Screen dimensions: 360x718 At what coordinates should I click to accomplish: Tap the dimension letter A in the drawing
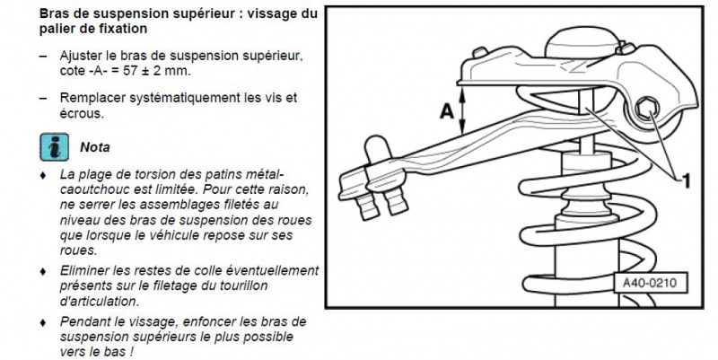444,112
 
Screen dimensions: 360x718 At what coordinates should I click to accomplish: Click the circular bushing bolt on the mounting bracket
645,112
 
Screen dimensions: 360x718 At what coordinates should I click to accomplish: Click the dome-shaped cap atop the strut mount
583,41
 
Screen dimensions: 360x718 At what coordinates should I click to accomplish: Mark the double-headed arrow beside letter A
463,112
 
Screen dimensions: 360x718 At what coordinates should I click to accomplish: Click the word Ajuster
83,56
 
